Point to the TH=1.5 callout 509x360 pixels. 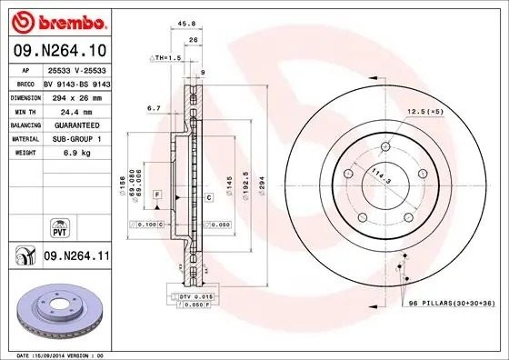(167, 56)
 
